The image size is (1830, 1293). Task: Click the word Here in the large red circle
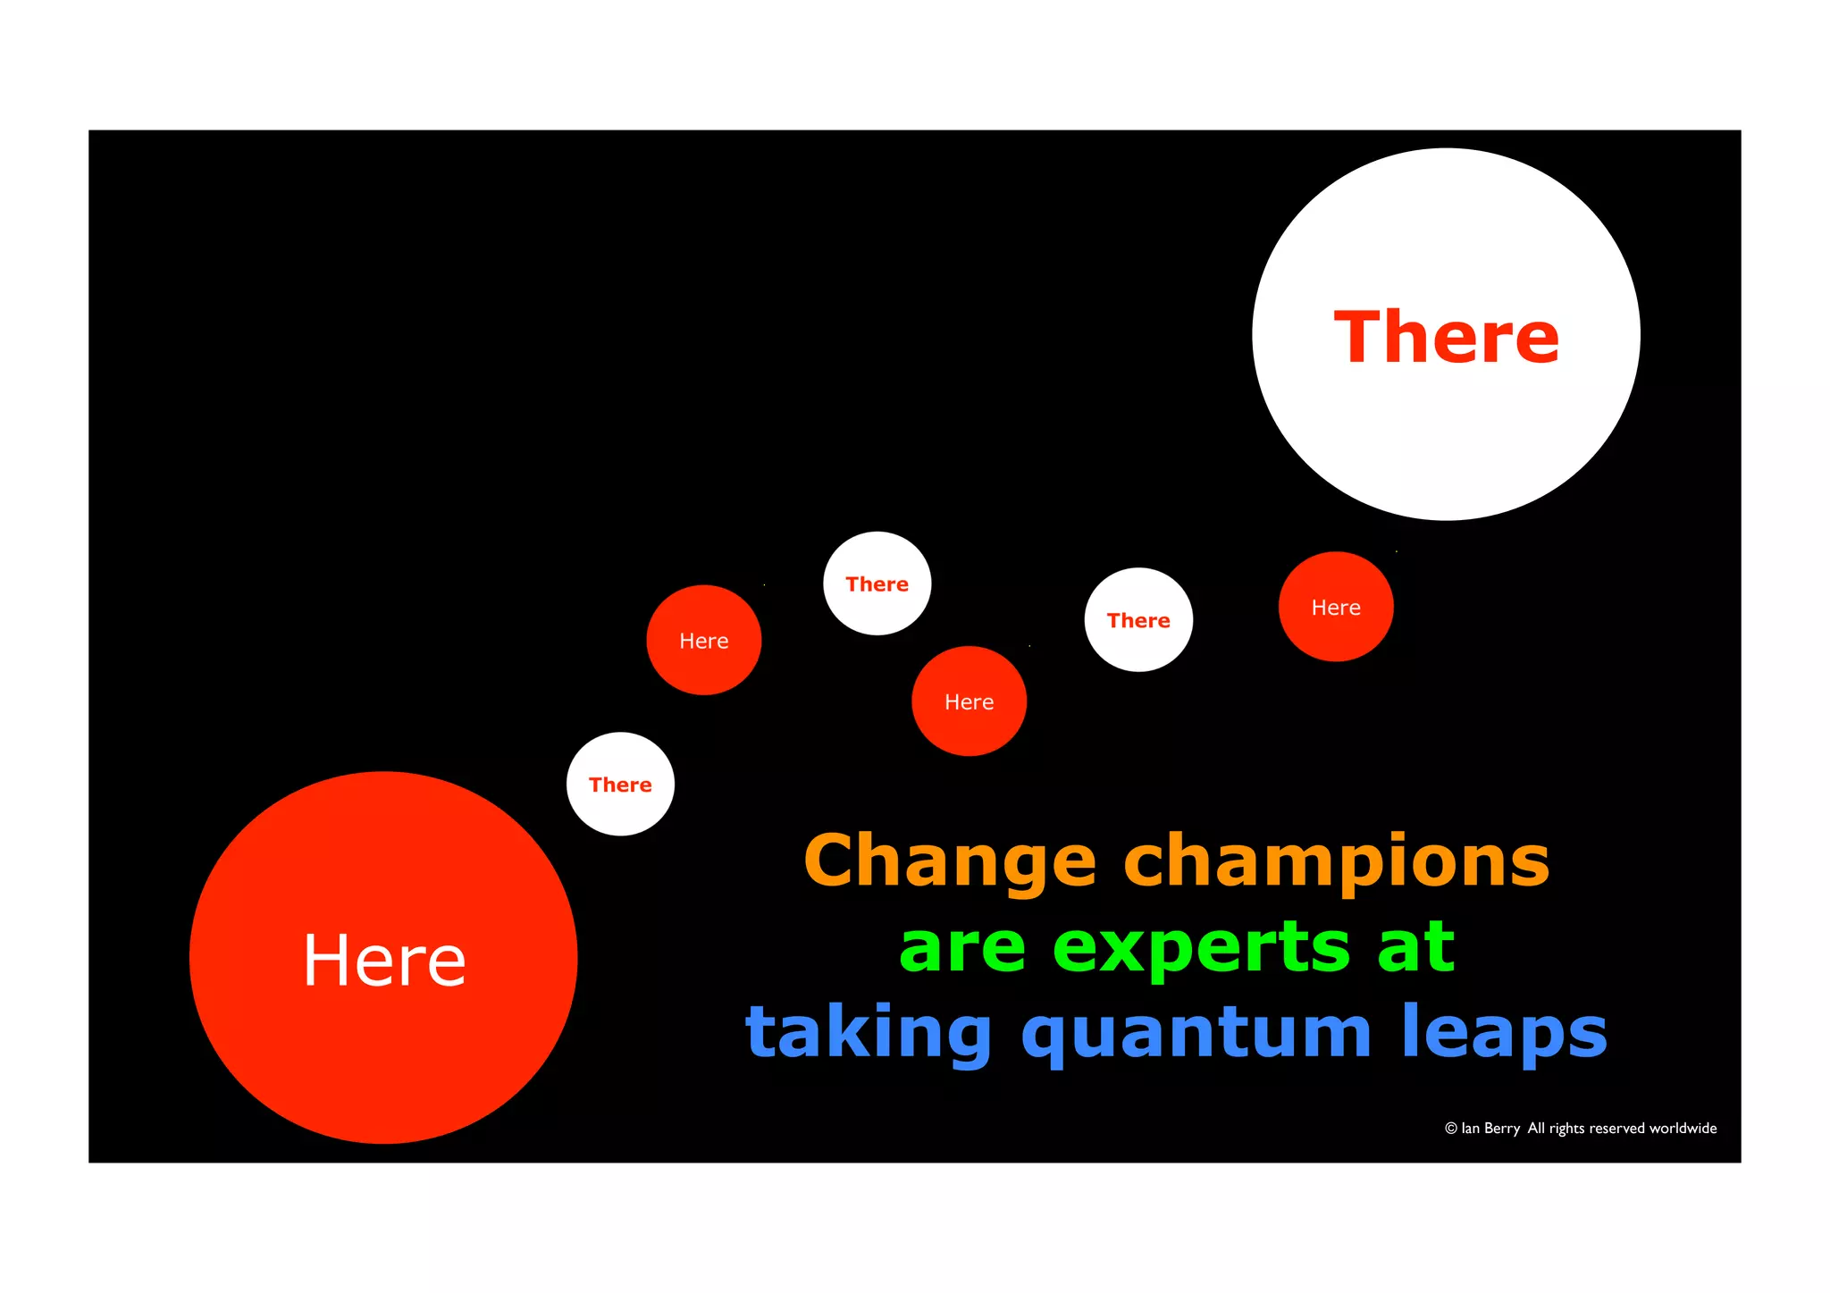(x=384, y=960)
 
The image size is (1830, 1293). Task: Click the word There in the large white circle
(x=1446, y=337)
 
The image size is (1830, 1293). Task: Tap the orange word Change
(x=950, y=861)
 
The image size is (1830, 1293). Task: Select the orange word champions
(x=1336, y=861)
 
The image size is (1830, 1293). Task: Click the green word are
(x=962, y=949)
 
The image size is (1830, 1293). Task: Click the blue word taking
(x=869, y=1033)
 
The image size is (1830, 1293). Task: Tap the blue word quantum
(x=1196, y=1033)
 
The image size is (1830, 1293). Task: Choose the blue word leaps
(x=1505, y=1033)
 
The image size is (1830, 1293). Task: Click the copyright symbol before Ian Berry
(x=1451, y=1129)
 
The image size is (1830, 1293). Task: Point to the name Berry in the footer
(x=1502, y=1129)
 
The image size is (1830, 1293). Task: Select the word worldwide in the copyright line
(x=1683, y=1129)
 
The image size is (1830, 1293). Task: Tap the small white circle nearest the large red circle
(x=620, y=785)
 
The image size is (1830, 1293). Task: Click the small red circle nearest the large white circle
(x=1336, y=607)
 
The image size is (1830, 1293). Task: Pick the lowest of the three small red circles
(x=969, y=701)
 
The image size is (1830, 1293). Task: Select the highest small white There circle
(x=877, y=584)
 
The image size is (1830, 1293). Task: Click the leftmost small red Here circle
(x=704, y=640)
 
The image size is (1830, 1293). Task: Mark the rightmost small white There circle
(x=1138, y=619)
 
